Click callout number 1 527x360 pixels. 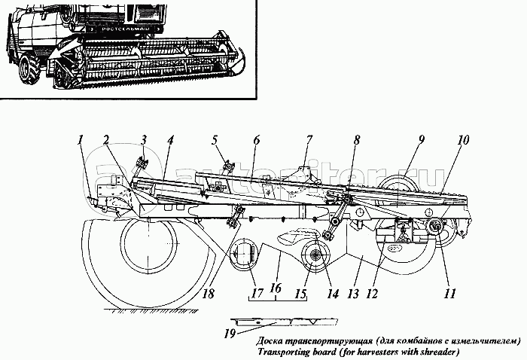[x=81, y=139]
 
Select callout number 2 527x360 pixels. [x=107, y=139]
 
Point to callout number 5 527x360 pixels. [x=214, y=139]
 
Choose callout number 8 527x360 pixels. [x=357, y=139]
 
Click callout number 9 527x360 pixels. [x=422, y=139]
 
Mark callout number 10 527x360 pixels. [x=463, y=140]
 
